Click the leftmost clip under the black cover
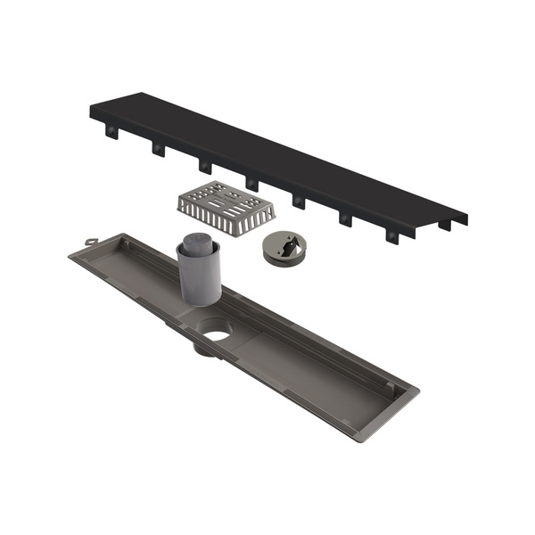[x=111, y=131]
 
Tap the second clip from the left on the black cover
[x=158, y=148]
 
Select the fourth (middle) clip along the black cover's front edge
[x=251, y=184]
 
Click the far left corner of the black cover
[x=93, y=110]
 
